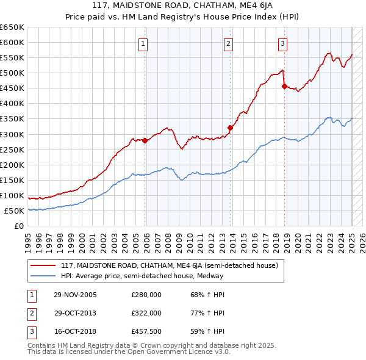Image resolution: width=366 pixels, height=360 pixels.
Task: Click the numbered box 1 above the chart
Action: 143,43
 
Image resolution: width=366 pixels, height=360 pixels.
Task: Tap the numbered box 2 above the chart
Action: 228,43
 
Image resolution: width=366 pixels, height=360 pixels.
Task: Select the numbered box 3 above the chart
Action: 283,43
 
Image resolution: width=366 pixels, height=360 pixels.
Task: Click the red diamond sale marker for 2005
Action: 145,140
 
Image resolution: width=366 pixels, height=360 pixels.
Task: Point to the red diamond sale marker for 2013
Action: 231,128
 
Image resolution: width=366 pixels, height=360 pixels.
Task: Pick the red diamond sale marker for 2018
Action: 285,86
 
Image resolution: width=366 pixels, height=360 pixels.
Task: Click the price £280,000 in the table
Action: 146,295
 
